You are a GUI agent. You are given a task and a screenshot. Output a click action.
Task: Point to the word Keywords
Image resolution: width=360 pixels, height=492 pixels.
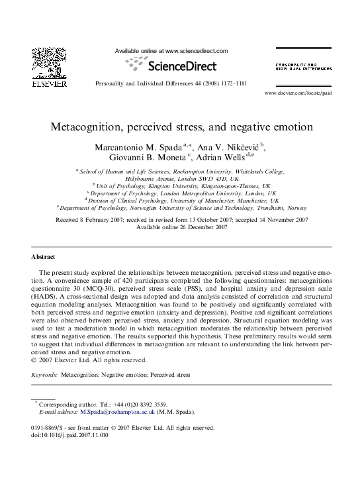(44, 375)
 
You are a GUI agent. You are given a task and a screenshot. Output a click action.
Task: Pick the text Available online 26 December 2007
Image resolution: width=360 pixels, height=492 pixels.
(181, 227)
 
